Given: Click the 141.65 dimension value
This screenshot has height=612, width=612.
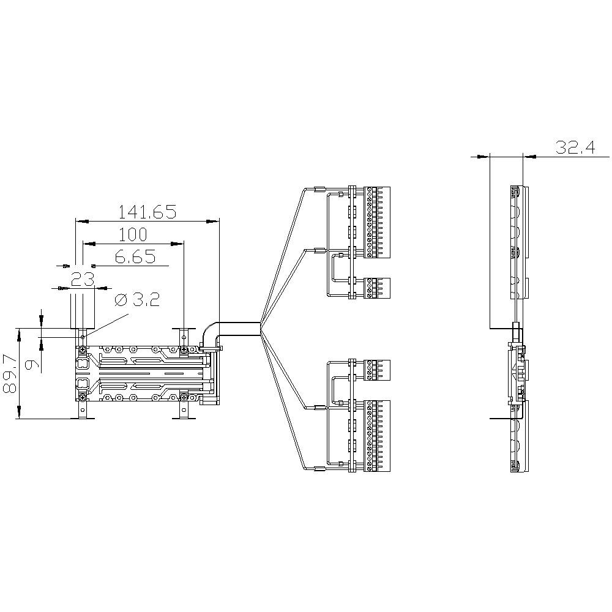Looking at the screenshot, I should [x=147, y=212].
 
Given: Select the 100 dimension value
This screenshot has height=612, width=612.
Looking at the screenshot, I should [x=133, y=234].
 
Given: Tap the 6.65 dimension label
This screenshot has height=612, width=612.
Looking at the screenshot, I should [x=135, y=257].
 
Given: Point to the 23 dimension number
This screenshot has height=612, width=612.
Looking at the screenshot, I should [x=81, y=280].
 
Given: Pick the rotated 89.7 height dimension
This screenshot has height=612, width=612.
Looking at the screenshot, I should [x=10, y=373].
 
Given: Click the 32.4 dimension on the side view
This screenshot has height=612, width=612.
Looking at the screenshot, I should [x=575, y=147].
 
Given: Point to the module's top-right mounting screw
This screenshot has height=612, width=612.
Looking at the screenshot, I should [x=184, y=349].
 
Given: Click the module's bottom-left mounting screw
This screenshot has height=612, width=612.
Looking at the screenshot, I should [x=81, y=397].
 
